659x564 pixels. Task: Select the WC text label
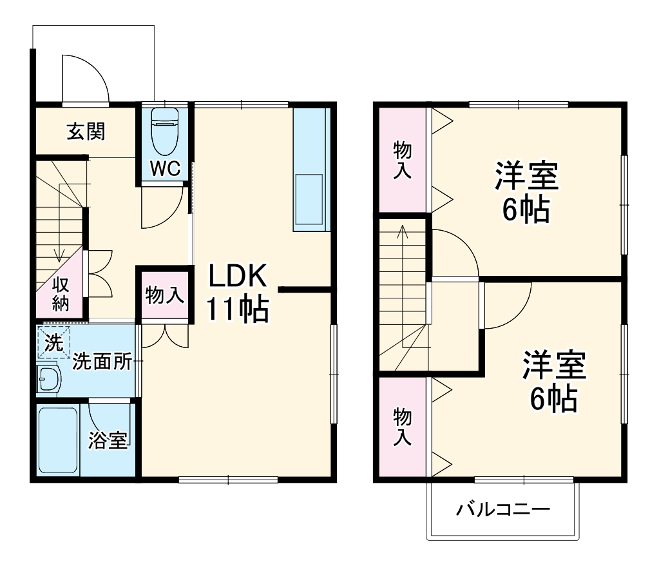166,169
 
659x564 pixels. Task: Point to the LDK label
236,277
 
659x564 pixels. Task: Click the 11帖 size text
237,309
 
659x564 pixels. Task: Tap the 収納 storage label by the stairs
61,293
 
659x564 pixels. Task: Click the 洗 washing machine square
54,342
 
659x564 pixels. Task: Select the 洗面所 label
102,362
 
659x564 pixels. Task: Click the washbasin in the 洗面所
48,378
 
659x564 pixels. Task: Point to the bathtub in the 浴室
58,440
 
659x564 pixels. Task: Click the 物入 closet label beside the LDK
165,296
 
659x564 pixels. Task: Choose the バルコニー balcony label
504,511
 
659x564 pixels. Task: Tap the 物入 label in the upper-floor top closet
403,160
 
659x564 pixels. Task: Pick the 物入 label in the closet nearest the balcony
403,426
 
